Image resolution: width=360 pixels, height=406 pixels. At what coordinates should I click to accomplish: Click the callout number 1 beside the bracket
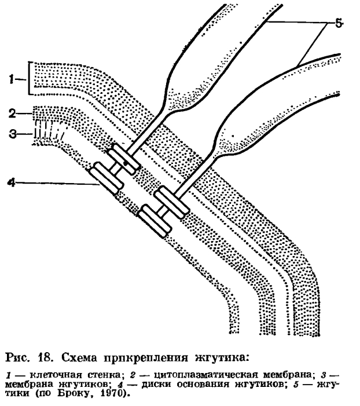[x=11, y=79]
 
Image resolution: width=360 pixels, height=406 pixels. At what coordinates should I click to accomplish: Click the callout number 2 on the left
[x=12, y=114]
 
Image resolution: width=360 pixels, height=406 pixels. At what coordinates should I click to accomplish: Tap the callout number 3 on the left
[x=13, y=134]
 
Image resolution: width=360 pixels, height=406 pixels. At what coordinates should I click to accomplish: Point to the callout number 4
[x=12, y=183]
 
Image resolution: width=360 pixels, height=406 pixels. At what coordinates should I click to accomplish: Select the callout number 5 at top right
[x=339, y=23]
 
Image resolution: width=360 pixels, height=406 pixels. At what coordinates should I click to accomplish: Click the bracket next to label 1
[x=29, y=78]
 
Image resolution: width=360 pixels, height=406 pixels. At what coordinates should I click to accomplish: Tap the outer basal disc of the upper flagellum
[x=124, y=159]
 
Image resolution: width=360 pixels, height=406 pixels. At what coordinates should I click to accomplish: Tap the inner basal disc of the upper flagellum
[x=106, y=178]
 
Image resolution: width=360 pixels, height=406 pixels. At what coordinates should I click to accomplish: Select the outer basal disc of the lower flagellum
[x=171, y=202]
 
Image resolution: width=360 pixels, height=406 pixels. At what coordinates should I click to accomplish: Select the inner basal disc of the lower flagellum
[x=155, y=221]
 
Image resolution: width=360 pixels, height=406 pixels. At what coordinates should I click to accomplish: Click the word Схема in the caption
[x=79, y=358]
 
